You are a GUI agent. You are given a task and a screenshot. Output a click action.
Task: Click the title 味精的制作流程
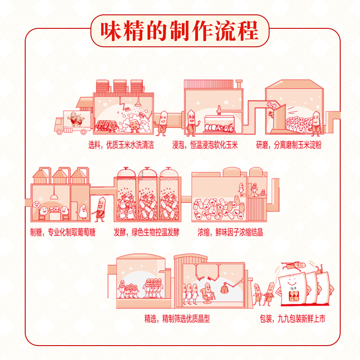point(180,31)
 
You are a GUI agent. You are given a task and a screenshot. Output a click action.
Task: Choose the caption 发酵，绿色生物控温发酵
point(147,233)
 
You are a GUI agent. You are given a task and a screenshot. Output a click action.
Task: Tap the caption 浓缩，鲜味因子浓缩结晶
point(230,233)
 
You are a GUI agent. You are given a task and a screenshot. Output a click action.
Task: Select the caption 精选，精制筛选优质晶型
point(177,319)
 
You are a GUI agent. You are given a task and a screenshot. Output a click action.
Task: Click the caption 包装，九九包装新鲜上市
point(292,319)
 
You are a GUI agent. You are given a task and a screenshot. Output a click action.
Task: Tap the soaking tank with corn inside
point(220,125)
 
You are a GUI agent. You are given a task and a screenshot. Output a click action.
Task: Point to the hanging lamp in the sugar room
point(54,195)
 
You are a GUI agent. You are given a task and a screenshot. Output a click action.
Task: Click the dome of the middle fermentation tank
point(147,173)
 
